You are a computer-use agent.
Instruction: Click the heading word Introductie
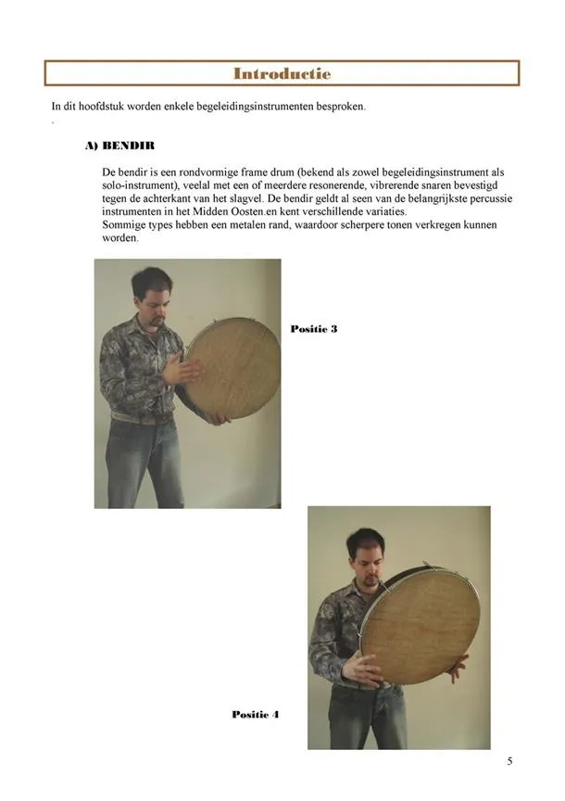(282, 73)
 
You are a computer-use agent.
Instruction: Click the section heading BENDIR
(128, 146)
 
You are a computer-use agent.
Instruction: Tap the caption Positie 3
(314, 328)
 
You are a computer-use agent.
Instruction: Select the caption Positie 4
(256, 714)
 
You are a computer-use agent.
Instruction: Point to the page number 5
(509, 761)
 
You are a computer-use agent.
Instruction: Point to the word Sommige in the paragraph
(121, 224)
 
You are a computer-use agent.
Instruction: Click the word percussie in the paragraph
(491, 198)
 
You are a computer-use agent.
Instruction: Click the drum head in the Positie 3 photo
(233, 368)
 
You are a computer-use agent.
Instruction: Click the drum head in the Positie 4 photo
(421, 627)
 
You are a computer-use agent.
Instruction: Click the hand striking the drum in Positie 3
(182, 368)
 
